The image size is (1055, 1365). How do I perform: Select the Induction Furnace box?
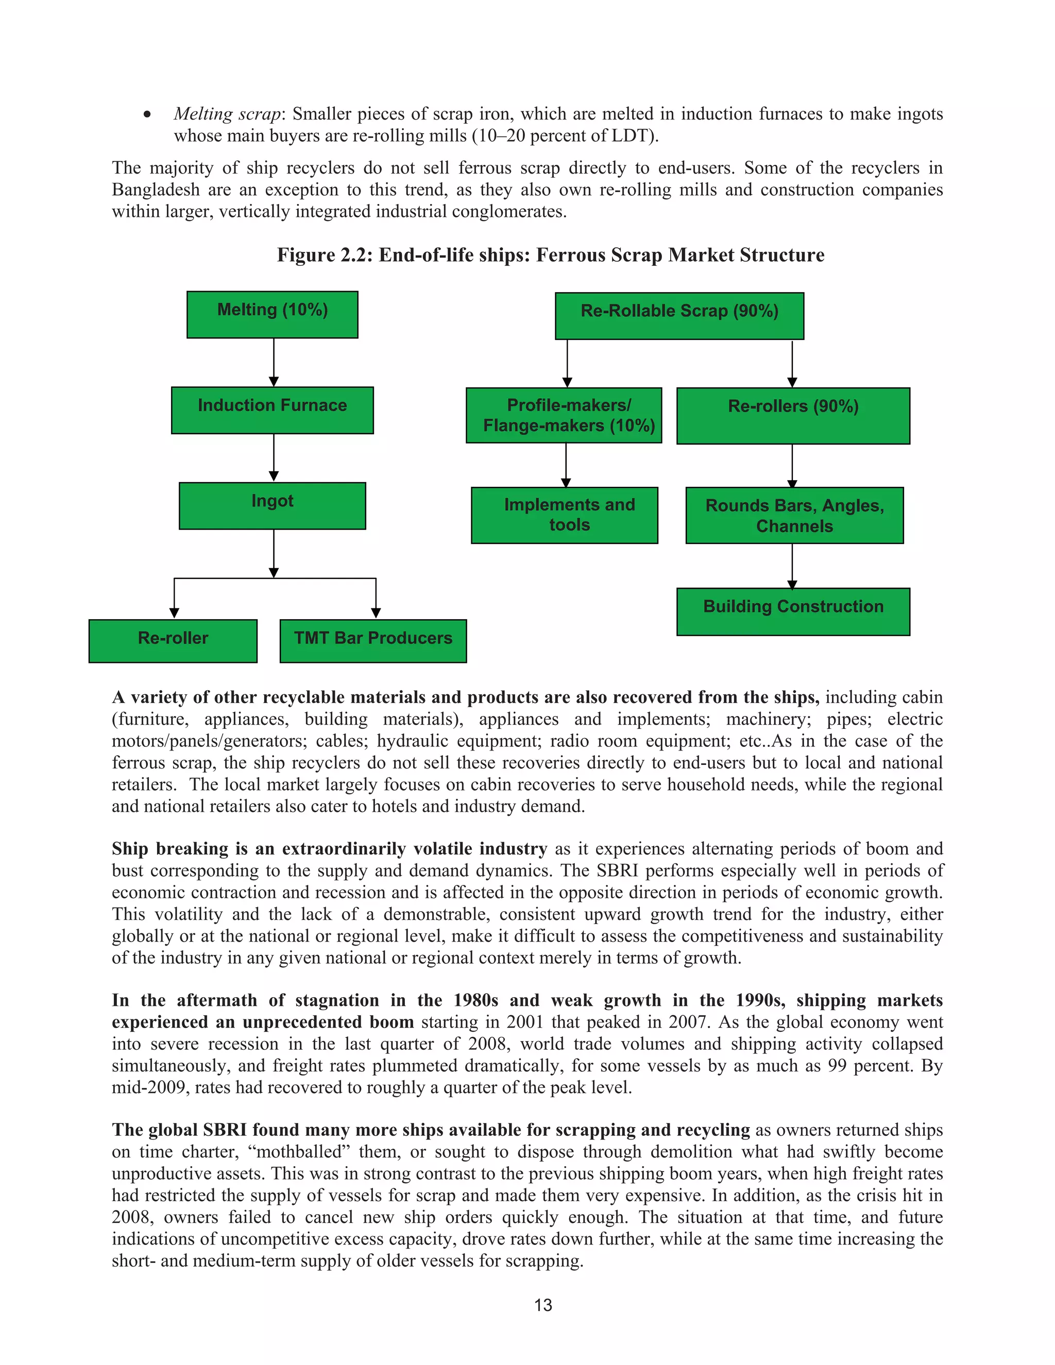[272, 410]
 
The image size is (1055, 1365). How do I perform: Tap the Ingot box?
[272, 506]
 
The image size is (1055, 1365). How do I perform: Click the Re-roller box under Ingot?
[173, 641]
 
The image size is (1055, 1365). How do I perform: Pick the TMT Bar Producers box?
[372, 641]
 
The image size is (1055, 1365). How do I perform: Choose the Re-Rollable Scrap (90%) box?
[679, 316]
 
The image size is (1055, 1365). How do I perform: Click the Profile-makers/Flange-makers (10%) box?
[563, 415]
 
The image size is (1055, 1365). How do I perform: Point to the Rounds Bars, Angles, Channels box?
[794, 515]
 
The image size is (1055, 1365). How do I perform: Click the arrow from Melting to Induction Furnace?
[273, 363]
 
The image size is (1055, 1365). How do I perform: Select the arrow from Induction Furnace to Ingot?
[273, 457]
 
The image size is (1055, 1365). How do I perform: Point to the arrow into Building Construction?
[792, 566]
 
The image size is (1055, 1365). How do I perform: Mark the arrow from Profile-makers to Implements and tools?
[566, 465]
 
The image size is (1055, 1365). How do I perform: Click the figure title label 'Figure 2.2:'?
[325, 255]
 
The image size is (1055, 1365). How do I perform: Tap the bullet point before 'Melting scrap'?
[147, 114]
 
